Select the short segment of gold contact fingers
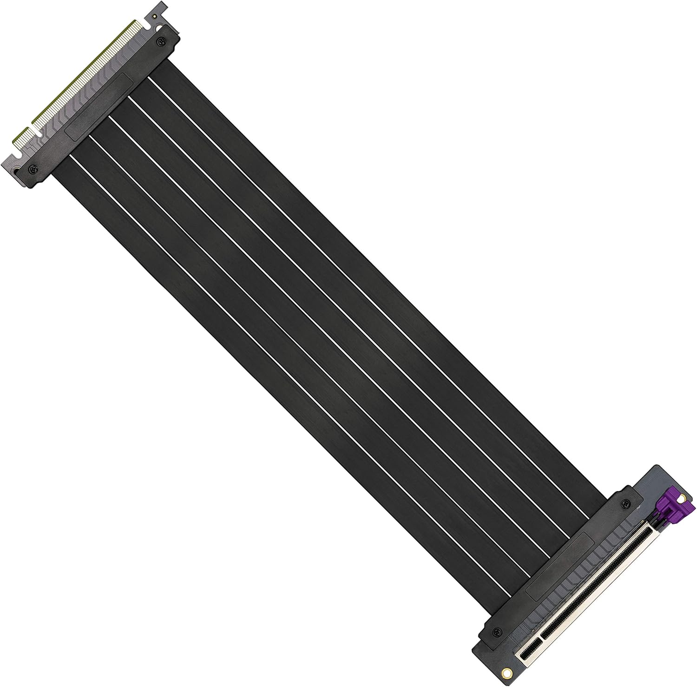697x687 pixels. pyautogui.click(x=20, y=136)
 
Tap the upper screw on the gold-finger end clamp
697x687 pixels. pyautogui.click(x=161, y=40)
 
